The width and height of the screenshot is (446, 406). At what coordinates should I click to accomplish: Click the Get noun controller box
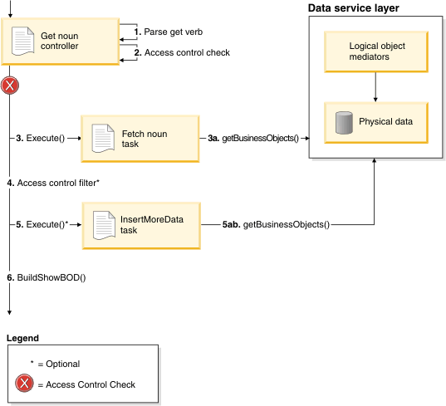coord(61,42)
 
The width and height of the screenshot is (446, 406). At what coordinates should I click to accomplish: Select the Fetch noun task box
coord(140,139)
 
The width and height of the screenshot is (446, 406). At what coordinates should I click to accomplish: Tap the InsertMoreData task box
coord(141,226)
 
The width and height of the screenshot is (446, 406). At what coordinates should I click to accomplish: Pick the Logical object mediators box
coord(376,51)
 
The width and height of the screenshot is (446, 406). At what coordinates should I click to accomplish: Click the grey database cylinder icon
coord(344,123)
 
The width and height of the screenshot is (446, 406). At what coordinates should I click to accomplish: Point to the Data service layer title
coord(354,8)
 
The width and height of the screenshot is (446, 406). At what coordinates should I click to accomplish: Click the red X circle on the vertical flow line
coord(10,86)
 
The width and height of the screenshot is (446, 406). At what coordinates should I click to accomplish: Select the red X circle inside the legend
coord(24,383)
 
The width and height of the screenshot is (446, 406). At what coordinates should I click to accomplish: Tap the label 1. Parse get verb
coord(169,32)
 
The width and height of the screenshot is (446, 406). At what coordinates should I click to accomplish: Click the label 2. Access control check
coord(182,52)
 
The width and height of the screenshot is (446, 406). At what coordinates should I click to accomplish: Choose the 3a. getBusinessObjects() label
coord(253,138)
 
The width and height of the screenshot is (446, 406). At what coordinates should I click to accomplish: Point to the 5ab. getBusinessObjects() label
coord(276,225)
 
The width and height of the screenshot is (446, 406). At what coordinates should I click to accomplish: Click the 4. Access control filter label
coord(53,183)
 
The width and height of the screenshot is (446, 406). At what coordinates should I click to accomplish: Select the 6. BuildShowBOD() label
coord(47,277)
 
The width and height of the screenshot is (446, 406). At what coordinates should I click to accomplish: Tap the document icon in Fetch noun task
coord(103,138)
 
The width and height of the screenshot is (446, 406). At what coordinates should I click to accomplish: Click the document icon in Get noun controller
coord(22,42)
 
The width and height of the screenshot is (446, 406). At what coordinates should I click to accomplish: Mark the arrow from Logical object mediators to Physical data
coord(375,87)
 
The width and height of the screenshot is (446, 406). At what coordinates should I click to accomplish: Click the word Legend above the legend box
coord(22,338)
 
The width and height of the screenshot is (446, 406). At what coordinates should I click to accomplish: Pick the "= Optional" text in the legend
coord(59,364)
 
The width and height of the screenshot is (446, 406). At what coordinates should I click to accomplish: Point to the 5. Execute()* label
coord(42,225)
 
